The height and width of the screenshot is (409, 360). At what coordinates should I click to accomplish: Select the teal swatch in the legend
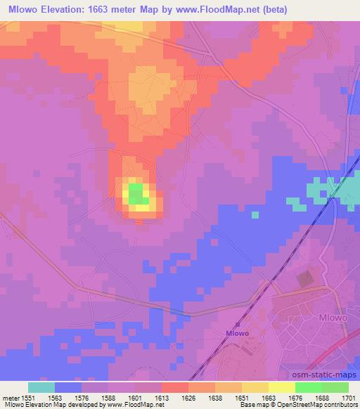click(41, 387)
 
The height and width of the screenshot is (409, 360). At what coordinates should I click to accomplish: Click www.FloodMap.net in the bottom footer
click(137, 405)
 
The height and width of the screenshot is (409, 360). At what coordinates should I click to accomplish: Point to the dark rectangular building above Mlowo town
click(304, 279)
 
